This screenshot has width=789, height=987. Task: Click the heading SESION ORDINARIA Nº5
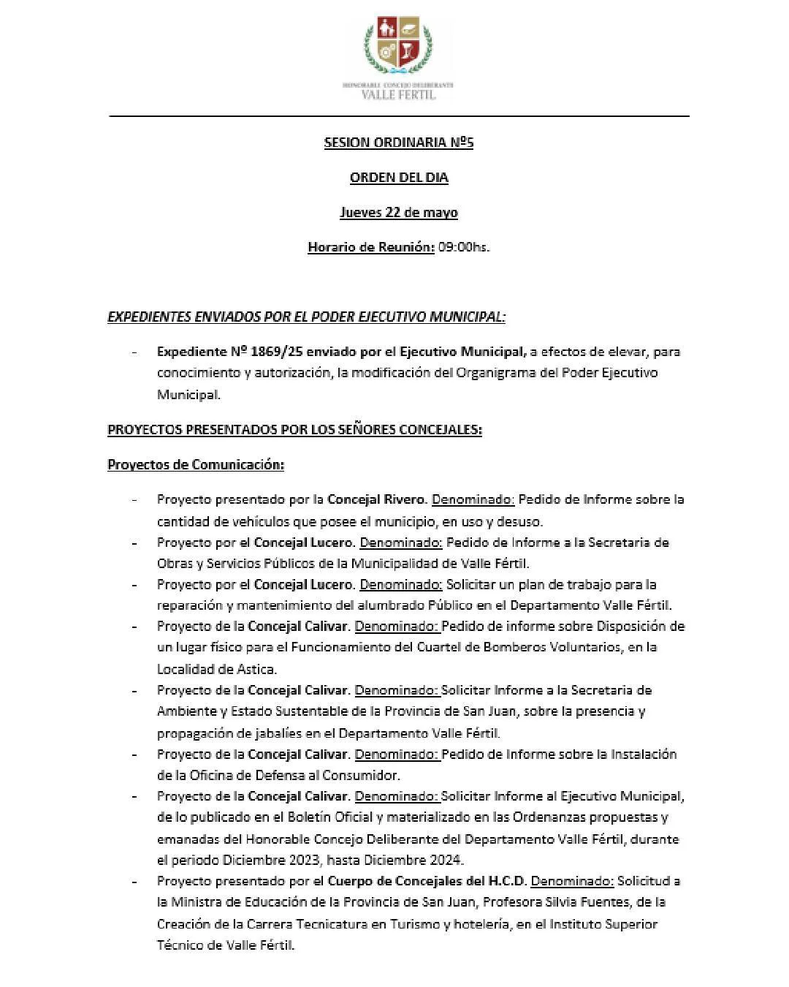point(398,143)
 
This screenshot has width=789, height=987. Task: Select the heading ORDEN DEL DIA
point(398,178)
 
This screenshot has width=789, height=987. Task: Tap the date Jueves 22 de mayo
point(398,213)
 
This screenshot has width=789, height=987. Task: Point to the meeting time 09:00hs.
point(463,247)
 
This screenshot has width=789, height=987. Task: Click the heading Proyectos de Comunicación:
point(195,465)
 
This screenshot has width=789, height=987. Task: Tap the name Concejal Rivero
point(376,500)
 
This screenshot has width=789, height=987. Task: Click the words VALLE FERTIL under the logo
point(399,94)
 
